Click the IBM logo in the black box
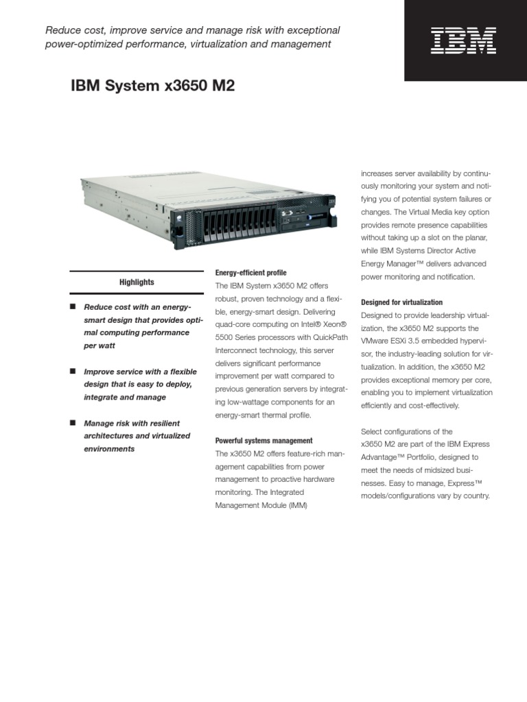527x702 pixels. pyautogui.click(x=463, y=40)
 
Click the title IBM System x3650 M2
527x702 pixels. pyautogui.click(x=153, y=86)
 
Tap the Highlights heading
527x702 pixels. pyautogui.click(x=137, y=282)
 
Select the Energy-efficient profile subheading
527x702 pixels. pyautogui.click(x=251, y=273)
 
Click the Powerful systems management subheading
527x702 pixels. pyautogui.click(x=264, y=441)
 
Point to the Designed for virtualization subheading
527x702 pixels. pyautogui.click(x=401, y=302)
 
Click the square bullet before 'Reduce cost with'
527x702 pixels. pyautogui.click(x=72, y=306)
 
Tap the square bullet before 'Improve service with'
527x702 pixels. pyautogui.click(x=72, y=371)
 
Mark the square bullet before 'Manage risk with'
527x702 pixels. pyautogui.click(x=72, y=423)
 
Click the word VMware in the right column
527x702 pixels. pyautogui.click(x=375, y=341)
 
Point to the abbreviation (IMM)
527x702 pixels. pyautogui.click(x=296, y=505)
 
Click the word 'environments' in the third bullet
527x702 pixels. pyautogui.click(x=109, y=449)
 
